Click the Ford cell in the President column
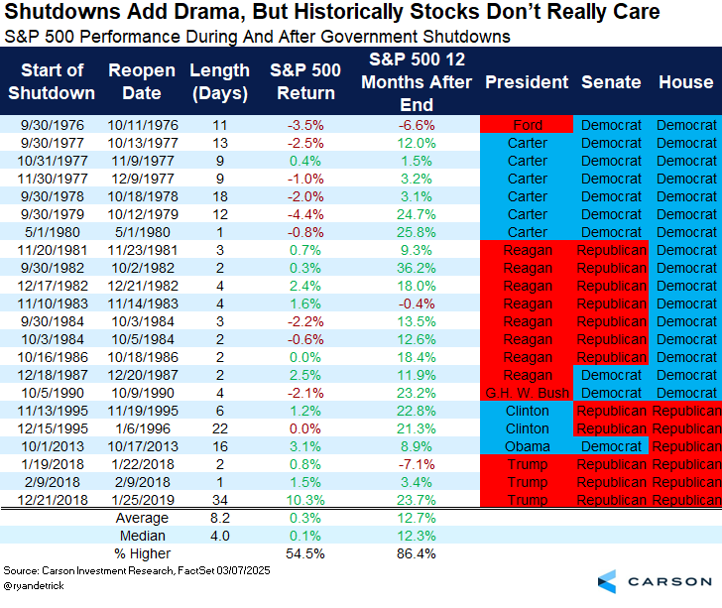[x=527, y=126]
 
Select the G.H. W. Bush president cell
[x=527, y=393]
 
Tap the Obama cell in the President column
[x=527, y=446]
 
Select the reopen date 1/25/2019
[x=142, y=500]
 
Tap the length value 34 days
[x=219, y=500]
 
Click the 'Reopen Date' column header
[x=142, y=82]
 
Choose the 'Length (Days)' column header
[x=219, y=82]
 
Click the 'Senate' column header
[x=611, y=82]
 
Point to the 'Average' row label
[x=143, y=518]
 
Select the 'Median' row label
[x=143, y=536]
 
